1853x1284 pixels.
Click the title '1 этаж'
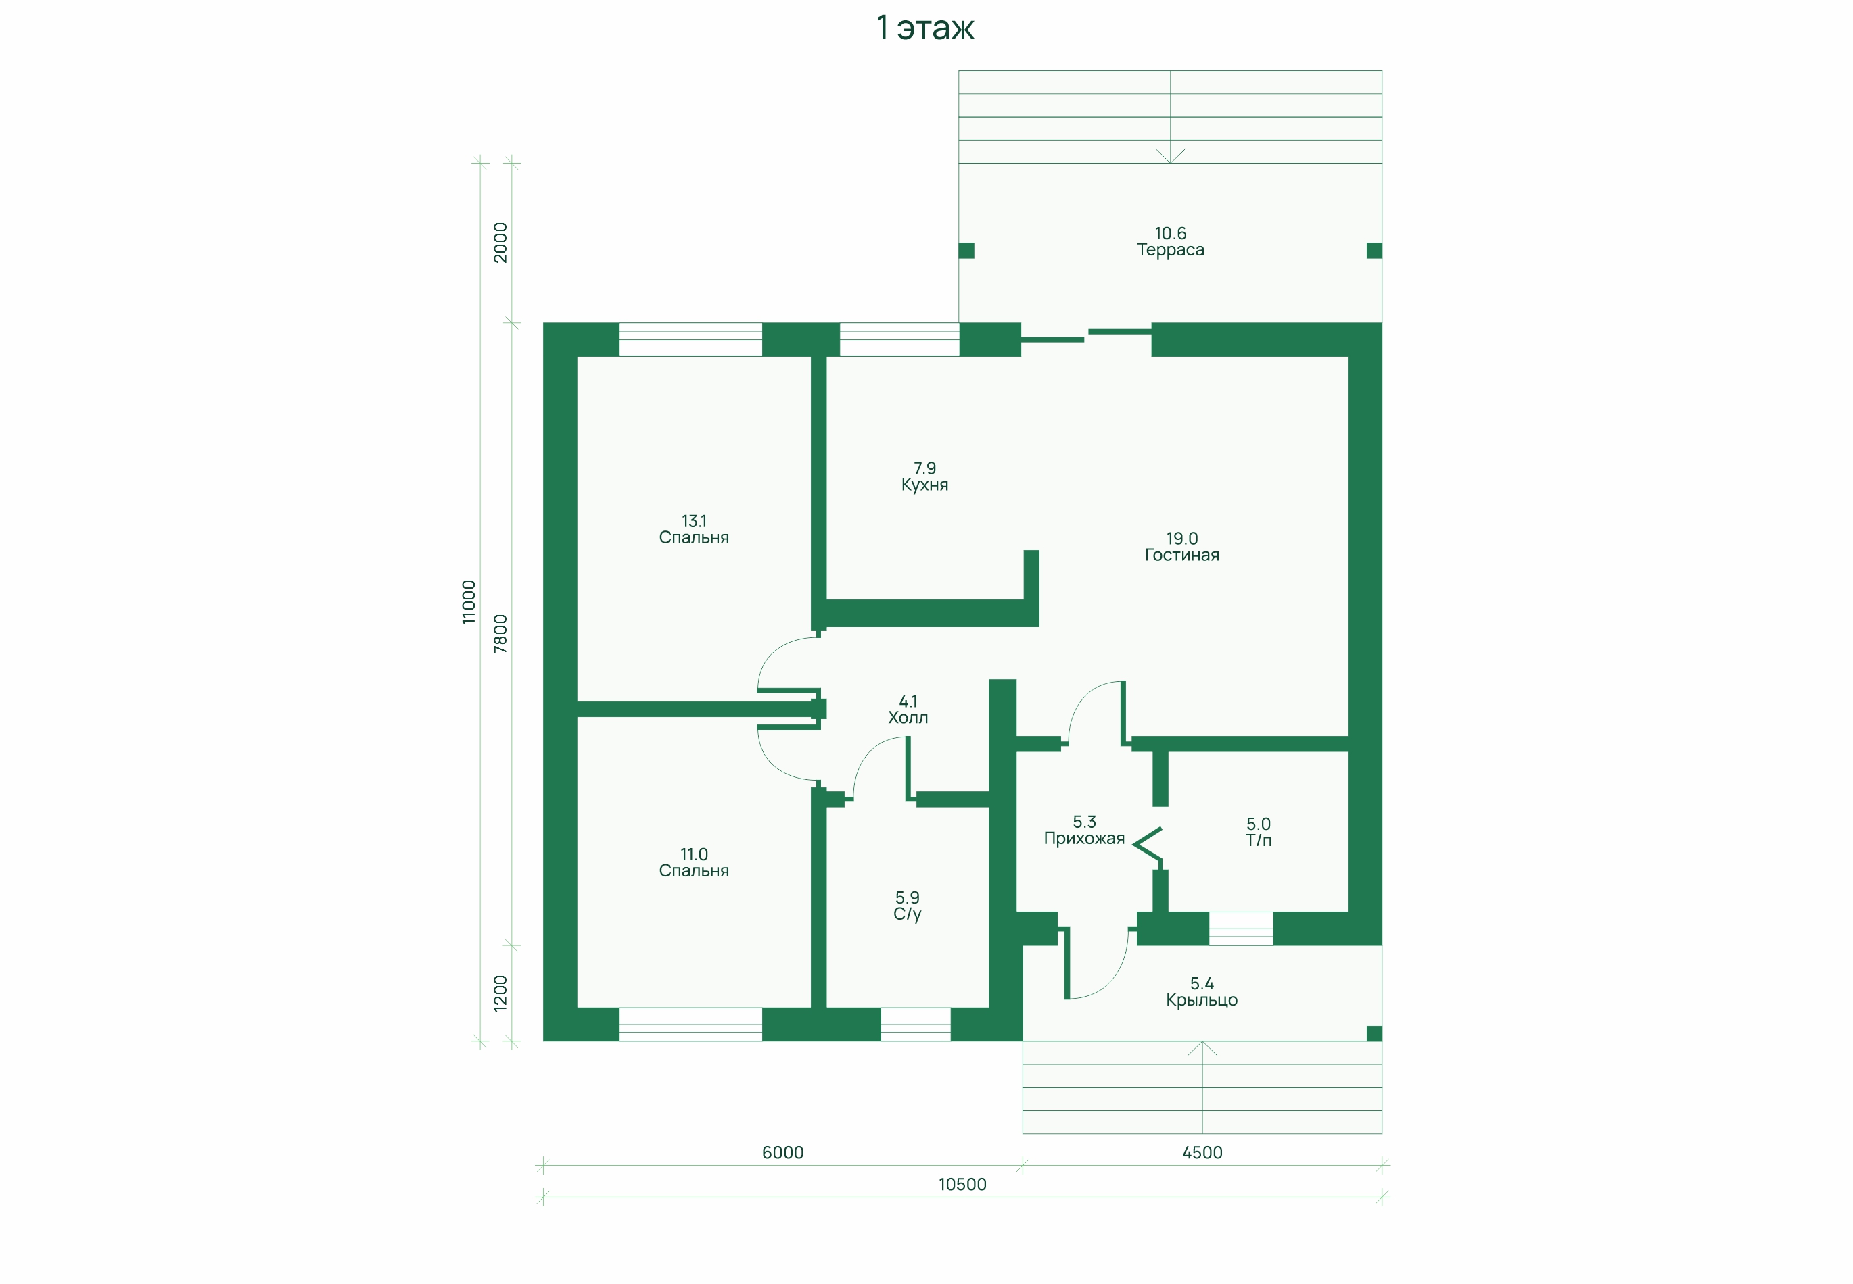tap(925, 27)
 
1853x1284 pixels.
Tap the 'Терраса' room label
tap(1171, 250)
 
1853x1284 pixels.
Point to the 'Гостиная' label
tap(1181, 555)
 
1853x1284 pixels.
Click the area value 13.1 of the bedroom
tap(694, 521)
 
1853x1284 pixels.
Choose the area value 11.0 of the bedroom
tap(694, 854)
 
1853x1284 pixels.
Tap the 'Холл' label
tap(908, 718)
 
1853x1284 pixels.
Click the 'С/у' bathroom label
tap(907, 914)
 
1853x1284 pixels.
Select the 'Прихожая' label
tap(1084, 838)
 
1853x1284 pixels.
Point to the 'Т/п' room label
tap(1258, 841)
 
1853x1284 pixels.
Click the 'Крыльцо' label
tap(1202, 1000)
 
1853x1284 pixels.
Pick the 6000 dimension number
tap(782, 1153)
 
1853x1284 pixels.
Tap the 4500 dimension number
tap(1202, 1153)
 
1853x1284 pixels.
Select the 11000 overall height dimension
tap(469, 601)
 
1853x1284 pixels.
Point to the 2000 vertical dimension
tap(500, 242)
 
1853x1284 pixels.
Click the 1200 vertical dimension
tap(500, 993)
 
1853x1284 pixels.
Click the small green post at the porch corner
tap(1374, 1034)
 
